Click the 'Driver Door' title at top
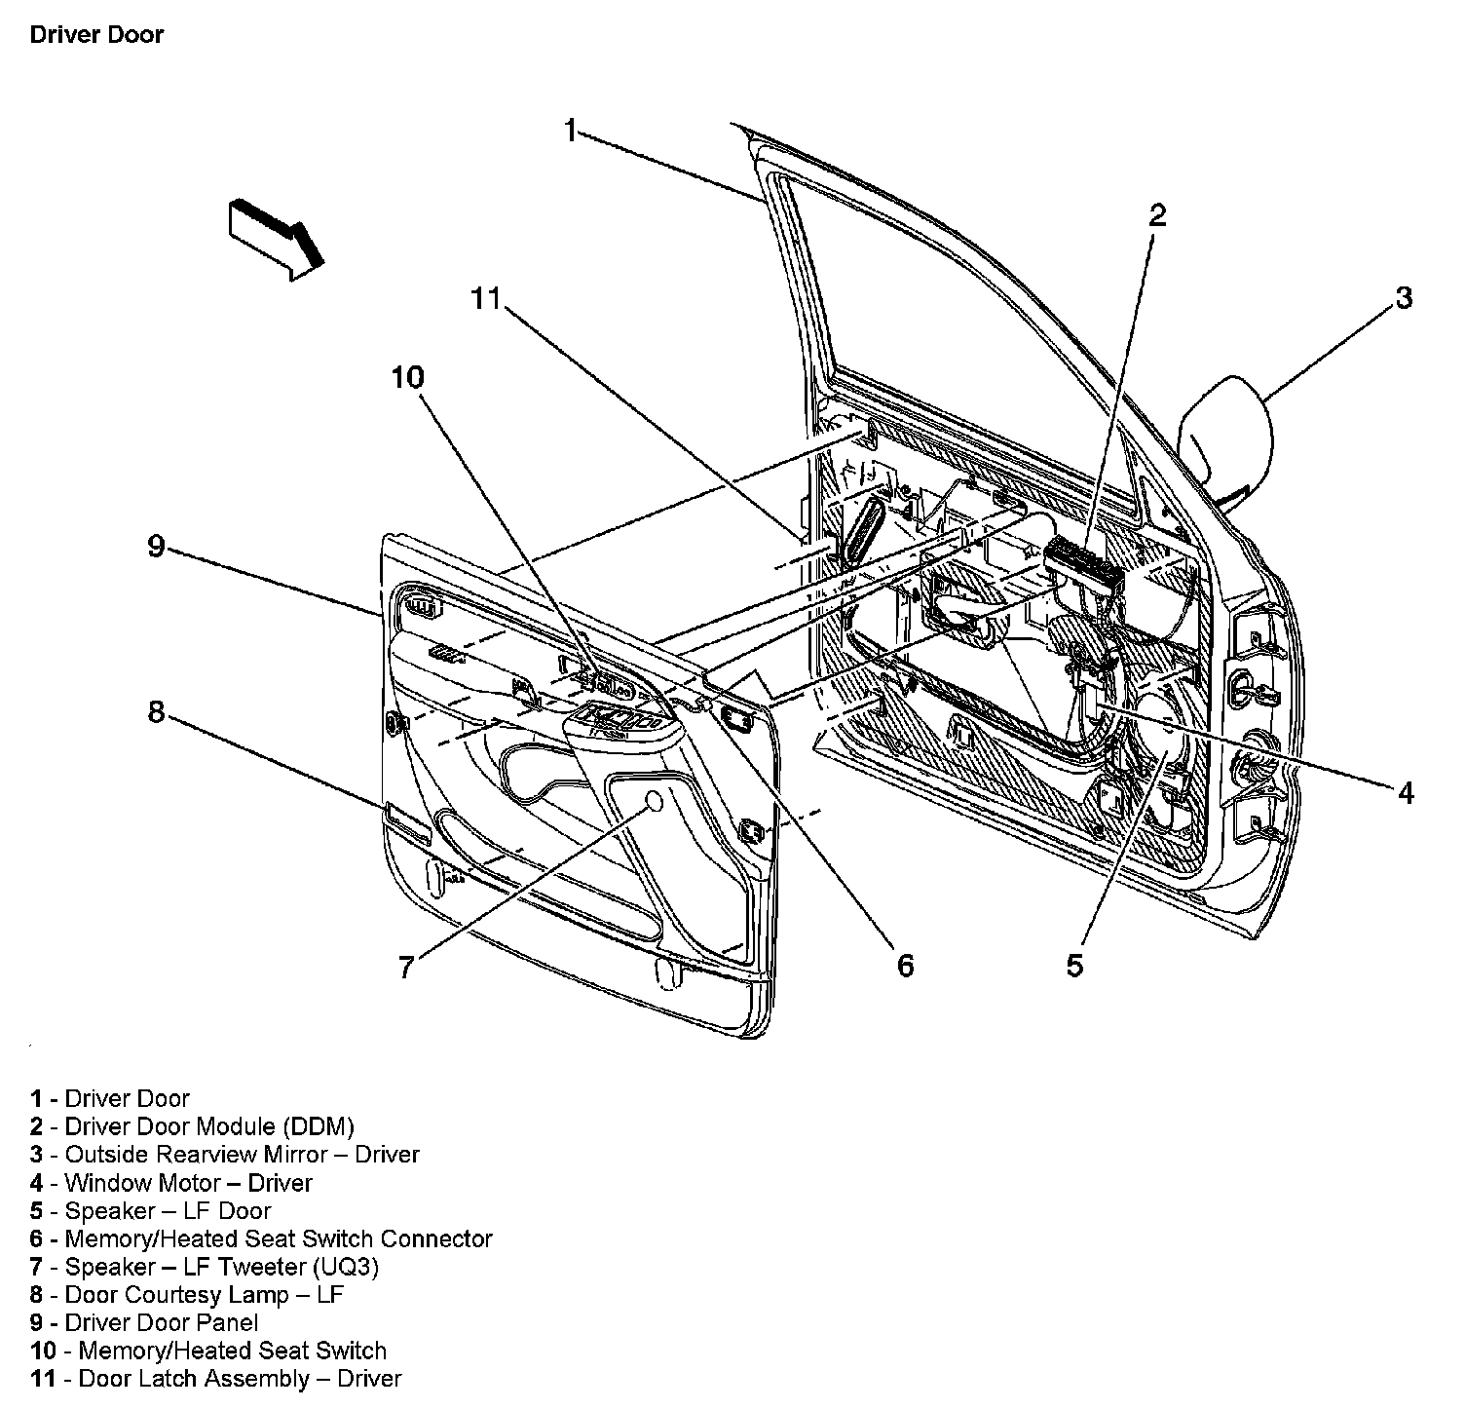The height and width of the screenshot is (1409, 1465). click(x=96, y=35)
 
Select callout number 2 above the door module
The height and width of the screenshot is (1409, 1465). click(x=1156, y=215)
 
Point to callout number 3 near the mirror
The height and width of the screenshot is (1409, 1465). click(x=1403, y=298)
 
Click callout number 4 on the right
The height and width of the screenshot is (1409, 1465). click(x=1405, y=793)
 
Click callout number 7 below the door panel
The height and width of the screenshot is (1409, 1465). click(x=406, y=967)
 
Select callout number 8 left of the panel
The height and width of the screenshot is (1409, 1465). click(x=156, y=712)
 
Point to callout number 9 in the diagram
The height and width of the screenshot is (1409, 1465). click(x=156, y=546)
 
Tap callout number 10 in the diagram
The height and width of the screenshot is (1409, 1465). click(x=409, y=377)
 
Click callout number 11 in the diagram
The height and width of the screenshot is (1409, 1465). click(x=485, y=298)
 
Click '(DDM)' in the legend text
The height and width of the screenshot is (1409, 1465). click(x=319, y=1126)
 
